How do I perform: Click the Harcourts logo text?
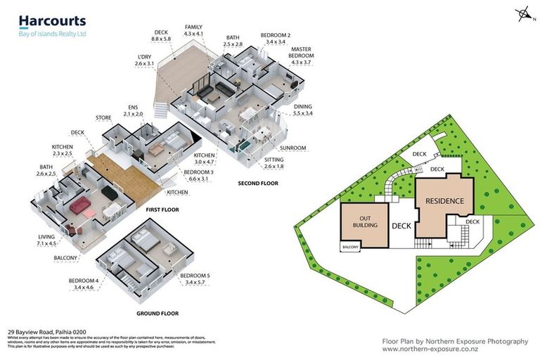pos(51,21)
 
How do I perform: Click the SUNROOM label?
pos(293,148)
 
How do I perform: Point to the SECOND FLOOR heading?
pos(258,184)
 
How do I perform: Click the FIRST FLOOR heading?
pos(162,210)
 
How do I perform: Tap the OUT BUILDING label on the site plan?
pos(366,222)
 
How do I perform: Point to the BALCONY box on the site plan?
pos(350,247)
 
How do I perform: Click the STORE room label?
pos(103,117)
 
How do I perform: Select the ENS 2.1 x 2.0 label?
pos(132,110)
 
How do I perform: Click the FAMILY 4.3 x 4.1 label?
pos(193,30)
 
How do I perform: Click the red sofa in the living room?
pos(79,206)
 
